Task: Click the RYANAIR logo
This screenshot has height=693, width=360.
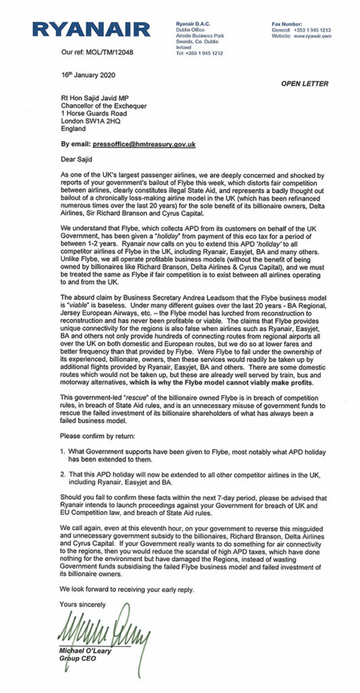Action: tap(91, 28)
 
